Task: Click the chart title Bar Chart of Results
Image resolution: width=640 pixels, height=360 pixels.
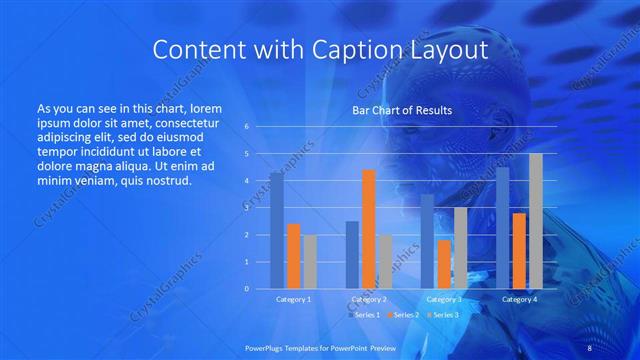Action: [x=402, y=111]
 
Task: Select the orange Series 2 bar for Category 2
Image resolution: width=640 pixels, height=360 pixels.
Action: [x=369, y=229]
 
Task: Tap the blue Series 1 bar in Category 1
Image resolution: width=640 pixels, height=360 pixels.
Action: [x=277, y=231]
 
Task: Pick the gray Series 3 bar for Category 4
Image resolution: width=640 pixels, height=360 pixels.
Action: [x=536, y=221]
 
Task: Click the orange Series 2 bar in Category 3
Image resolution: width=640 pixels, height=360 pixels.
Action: [x=444, y=264]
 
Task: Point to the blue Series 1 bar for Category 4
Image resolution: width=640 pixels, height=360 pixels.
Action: [x=503, y=228]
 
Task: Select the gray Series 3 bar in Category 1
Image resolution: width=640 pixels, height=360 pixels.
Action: [x=310, y=262]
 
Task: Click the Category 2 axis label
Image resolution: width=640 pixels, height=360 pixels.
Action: [x=369, y=299]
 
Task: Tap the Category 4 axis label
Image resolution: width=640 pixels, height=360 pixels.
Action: [x=519, y=299]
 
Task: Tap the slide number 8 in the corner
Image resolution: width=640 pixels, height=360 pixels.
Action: [x=589, y=349]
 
